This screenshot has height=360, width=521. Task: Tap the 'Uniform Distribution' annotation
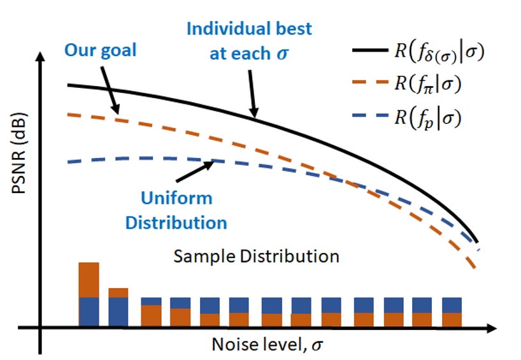coord(176,210)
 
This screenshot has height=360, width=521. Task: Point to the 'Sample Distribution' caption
coord(257,257)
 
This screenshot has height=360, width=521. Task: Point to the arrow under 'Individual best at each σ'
coord(251,93)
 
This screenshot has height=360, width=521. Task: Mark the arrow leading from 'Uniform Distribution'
coord(194,171)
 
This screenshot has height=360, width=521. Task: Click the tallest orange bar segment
coord(89,279)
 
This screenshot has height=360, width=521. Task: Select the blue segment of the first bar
coord(89,310)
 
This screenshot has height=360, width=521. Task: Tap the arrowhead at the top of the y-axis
coord(41,56)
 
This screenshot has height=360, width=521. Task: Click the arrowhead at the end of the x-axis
coord(491,329)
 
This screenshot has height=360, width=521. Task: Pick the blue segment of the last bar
coord(452,305)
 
